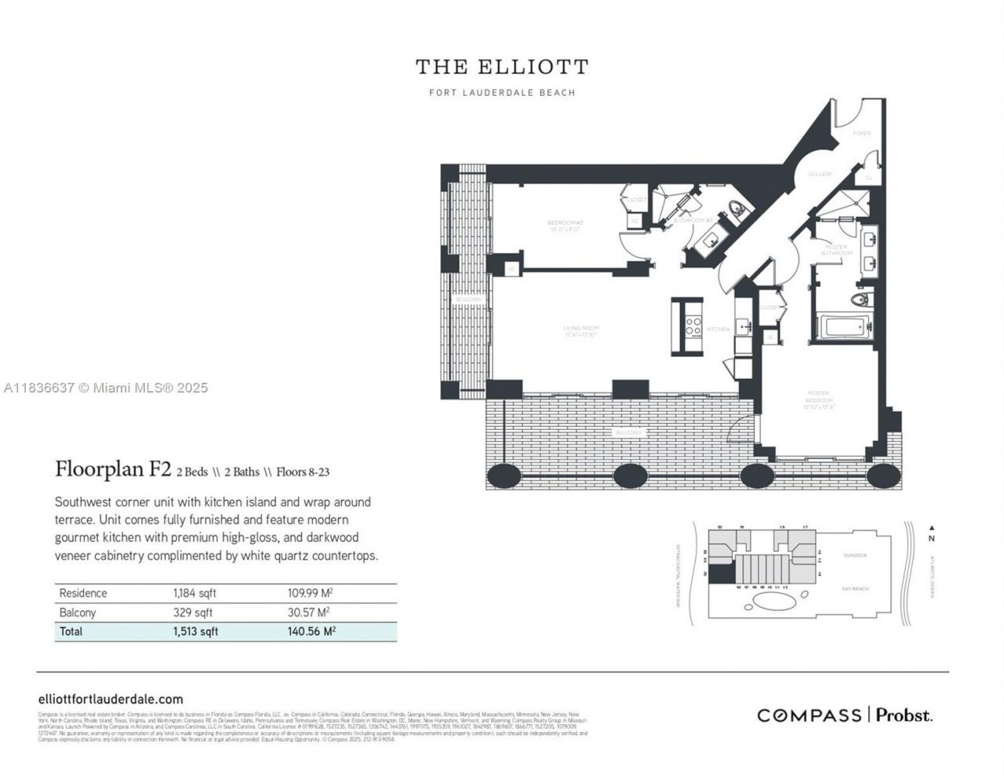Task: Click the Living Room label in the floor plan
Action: point(580,331)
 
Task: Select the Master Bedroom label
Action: point(821,402)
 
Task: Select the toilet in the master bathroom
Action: point(860,299)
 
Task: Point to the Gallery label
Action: point(820,173)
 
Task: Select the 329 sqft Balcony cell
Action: point(193,613)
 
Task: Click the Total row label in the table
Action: point(71,632)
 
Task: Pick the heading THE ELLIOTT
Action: point(502,67)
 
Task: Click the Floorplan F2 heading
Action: point(113,469)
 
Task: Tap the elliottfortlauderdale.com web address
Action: point(111,699)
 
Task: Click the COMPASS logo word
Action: point(809,715)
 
